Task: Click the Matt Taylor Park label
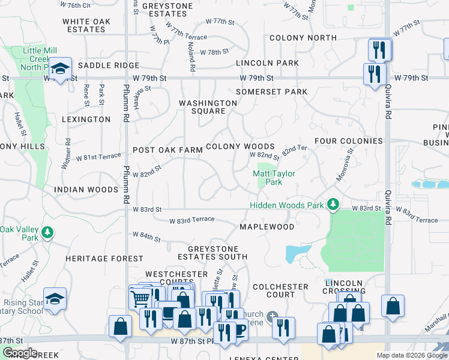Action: click(x=267, y=178)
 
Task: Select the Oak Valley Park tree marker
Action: click(x=46, y=232)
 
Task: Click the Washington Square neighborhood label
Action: click(x=208, y=107)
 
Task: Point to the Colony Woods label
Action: click(x=240, y=146)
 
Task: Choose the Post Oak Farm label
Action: click(x=167, y=150)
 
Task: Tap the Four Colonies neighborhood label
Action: click(x=348, y=141)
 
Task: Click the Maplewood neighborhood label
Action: click(x=267, y=227)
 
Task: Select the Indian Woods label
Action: click(x=86, y=190)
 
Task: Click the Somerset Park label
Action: click(x=271, y=92)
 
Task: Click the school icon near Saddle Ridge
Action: click(x=61, y=68)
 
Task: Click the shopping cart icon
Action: click(x=140, y=296)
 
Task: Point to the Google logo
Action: click(x=20, y=353)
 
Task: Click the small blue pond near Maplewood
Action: click(x=297, y=253)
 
